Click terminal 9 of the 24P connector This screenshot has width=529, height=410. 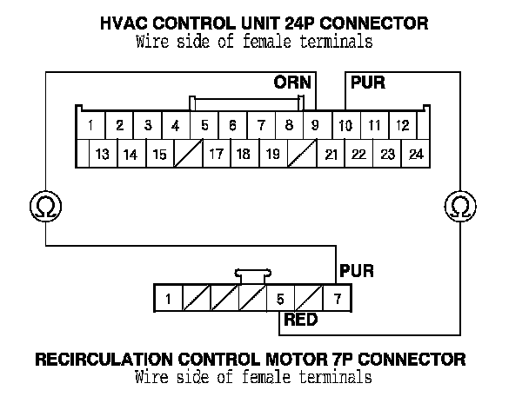coord(315,125)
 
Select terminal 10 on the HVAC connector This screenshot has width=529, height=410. coord(345,125)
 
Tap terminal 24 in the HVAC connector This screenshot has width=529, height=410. coord(416,155)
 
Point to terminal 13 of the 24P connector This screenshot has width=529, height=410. coord(102,155)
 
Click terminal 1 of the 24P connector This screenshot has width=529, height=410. coord(90,125)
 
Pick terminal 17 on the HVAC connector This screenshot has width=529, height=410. coord(217,155)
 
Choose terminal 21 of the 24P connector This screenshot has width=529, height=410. coord(331,155)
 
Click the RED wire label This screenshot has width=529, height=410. coord(300,321)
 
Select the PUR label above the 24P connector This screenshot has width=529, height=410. coord(367,84)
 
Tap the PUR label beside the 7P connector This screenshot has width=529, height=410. coord(356,271)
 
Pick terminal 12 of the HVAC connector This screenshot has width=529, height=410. coord(402,125)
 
